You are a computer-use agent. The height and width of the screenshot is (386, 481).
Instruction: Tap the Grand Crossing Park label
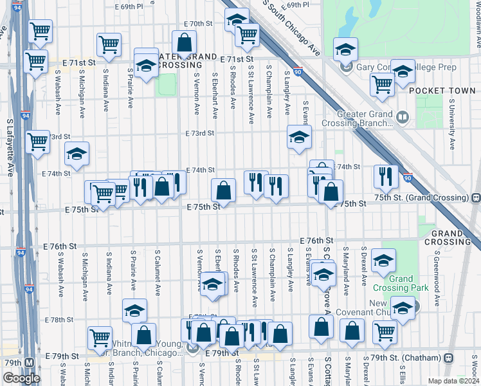[401, 284]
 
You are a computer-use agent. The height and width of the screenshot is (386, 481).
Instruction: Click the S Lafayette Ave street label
[10, 147]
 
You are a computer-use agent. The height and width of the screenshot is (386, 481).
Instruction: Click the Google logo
[21, 378]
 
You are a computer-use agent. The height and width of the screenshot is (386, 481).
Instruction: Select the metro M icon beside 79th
[30, 362]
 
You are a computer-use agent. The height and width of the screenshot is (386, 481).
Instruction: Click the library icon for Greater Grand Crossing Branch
[403, 117]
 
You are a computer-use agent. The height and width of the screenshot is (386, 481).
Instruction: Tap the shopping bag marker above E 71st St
[185, 44]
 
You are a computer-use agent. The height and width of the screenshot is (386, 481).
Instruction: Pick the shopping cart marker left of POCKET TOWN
[383, 84]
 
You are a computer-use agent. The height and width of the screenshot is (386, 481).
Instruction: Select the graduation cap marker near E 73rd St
[298, 136]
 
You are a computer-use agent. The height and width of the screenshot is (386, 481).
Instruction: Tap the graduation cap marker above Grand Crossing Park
[384, 261]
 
